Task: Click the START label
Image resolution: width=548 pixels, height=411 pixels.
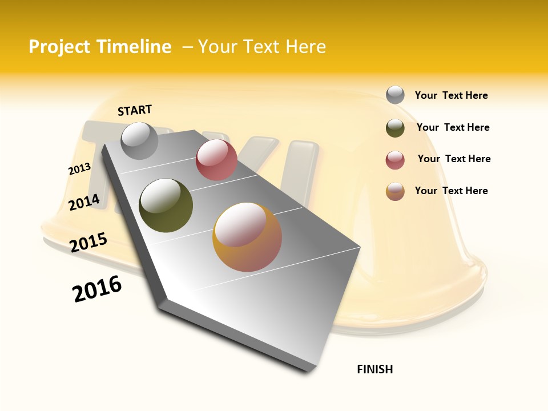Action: tap(135, 110)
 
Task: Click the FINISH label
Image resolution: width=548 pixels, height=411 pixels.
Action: tap(374, 369)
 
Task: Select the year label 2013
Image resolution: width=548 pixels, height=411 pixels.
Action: tap(79, 169)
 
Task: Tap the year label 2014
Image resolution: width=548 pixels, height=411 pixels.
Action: tap(84, 202)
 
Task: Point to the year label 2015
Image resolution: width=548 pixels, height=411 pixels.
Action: tap(88, 242)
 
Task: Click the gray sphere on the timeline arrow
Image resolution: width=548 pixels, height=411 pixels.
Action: tap(139, 140)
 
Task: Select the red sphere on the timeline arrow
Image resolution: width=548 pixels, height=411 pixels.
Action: tap(216, 160)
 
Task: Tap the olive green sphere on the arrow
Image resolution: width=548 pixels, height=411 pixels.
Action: tap(166, 205)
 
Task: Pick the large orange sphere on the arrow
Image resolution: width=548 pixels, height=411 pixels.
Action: tap(247, 237)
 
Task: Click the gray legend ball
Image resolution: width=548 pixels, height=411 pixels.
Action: tap(395, 95)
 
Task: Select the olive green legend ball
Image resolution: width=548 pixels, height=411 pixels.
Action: tap(395, 128)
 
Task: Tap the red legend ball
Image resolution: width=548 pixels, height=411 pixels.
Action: tap(395, 160)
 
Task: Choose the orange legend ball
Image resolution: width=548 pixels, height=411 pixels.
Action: tap(395, 191)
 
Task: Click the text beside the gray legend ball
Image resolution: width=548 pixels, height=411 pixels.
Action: tap(451, 95)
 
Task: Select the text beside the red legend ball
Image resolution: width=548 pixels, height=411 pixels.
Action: tap(454, 159)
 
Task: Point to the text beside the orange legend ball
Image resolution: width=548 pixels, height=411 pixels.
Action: tap(451, 191)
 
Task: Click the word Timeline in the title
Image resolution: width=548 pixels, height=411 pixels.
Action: tap(135, 47)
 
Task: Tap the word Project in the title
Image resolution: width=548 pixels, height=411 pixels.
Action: tap(60, 47)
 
